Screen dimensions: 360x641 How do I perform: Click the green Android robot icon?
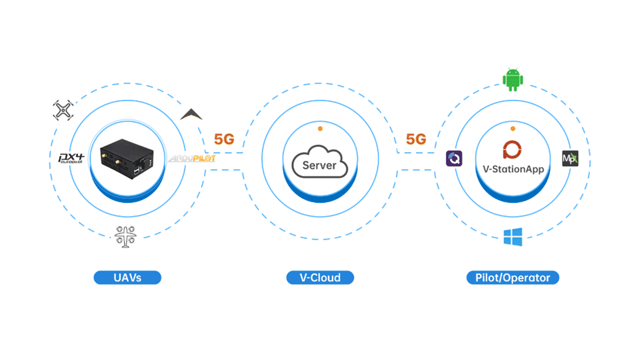(512, 80)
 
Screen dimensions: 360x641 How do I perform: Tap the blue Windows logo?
(513, 237)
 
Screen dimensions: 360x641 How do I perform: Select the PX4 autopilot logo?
(71, 158)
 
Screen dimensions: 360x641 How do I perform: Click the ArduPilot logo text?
(192, 159)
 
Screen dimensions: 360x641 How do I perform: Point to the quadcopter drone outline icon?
(62, 111)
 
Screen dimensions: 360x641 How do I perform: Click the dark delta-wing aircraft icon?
(191, 114)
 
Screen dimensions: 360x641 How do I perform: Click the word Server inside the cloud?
(319, 165)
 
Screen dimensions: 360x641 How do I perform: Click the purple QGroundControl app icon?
(454, 159)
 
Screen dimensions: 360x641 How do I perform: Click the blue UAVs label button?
(127, 278)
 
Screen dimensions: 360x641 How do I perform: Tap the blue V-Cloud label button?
(319, 278)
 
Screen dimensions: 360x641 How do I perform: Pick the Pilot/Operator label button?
(512, 278)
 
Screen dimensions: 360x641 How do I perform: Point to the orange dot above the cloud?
(319, 129)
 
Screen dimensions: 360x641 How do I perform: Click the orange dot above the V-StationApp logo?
(512, 129)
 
